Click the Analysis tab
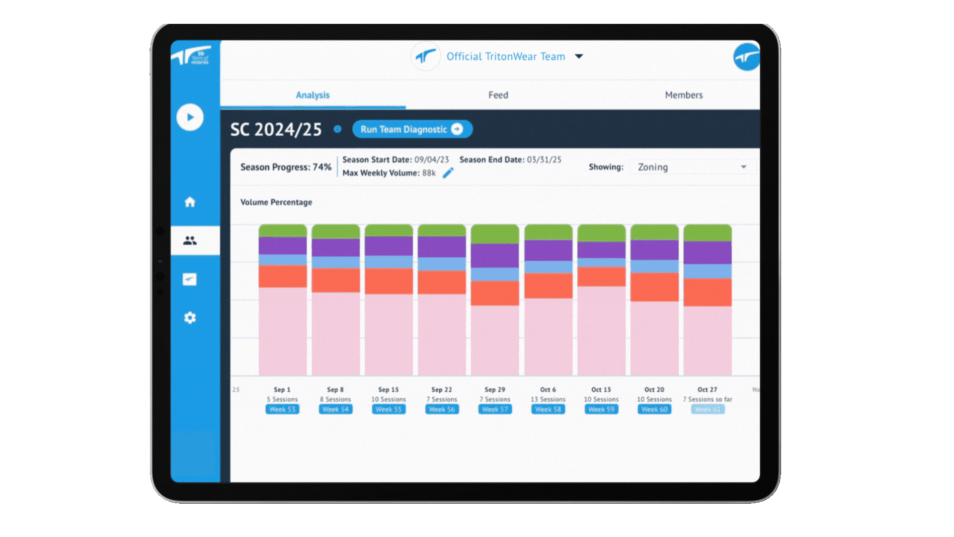[x=313, y=95]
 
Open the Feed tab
[x=498, y=95]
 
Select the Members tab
[x=684, y=95]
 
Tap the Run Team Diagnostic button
[x=412, y=129]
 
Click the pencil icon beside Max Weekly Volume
[x=448, y=173]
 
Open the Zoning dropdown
[x=692, y=167]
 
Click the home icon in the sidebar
[x=190, y=202]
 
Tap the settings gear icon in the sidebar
[x=190, y=318]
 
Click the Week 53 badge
[x=282, y=409]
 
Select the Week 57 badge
[x=495, y=409]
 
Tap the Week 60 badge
[x=654, y=409]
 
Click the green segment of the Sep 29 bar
[x=495, y=234]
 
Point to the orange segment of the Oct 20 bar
[x=654, y=287]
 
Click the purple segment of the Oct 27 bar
[x=708, y=253]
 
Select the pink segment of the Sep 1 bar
[x=282, y=331]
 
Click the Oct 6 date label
[x=548, y=390]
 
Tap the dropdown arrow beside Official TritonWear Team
[x=579, y=56]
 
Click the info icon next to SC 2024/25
[x=337, y=129]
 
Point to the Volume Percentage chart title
[x=276, y=202]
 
